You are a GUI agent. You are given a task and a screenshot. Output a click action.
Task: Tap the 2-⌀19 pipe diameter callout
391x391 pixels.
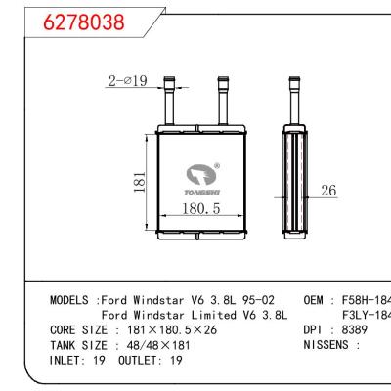[127, 81]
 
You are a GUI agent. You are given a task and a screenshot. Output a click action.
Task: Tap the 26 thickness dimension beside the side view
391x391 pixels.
[329, 193]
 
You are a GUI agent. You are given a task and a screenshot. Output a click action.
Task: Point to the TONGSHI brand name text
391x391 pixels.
[199, 192]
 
